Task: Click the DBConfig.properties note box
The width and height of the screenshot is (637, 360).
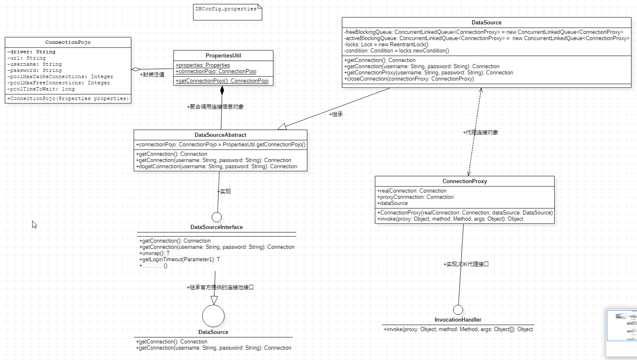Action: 227,12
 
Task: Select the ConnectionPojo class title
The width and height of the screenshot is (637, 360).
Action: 68,42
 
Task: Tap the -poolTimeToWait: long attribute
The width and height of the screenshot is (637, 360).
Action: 41,89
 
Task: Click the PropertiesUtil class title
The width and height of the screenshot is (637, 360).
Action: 223,56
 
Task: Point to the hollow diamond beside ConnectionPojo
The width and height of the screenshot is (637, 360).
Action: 136,69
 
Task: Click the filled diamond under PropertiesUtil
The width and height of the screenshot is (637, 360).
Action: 222,90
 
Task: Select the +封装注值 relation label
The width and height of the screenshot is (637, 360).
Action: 152,75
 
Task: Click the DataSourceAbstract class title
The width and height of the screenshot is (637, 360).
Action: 220,135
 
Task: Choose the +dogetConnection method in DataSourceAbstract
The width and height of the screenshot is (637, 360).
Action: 216,167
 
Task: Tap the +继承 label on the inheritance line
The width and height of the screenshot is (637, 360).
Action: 336,114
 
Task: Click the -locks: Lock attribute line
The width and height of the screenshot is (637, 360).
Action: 386,45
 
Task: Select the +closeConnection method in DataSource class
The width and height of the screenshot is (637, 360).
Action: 409,79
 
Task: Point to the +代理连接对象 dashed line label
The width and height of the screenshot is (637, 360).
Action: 480,133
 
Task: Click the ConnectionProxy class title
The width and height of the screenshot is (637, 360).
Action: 464,181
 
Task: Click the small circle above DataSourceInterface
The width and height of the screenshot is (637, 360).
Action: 216,217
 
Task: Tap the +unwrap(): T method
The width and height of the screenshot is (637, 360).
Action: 154,253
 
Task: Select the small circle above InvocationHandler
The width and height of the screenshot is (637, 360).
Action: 458,310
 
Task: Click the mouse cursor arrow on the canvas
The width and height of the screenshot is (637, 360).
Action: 34,224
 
